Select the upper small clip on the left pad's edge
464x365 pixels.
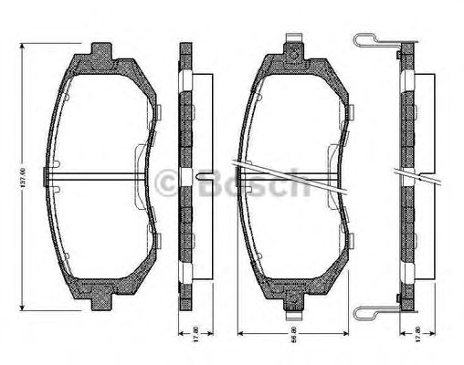[156, 112]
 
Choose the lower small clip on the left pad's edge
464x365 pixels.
[156, 240]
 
